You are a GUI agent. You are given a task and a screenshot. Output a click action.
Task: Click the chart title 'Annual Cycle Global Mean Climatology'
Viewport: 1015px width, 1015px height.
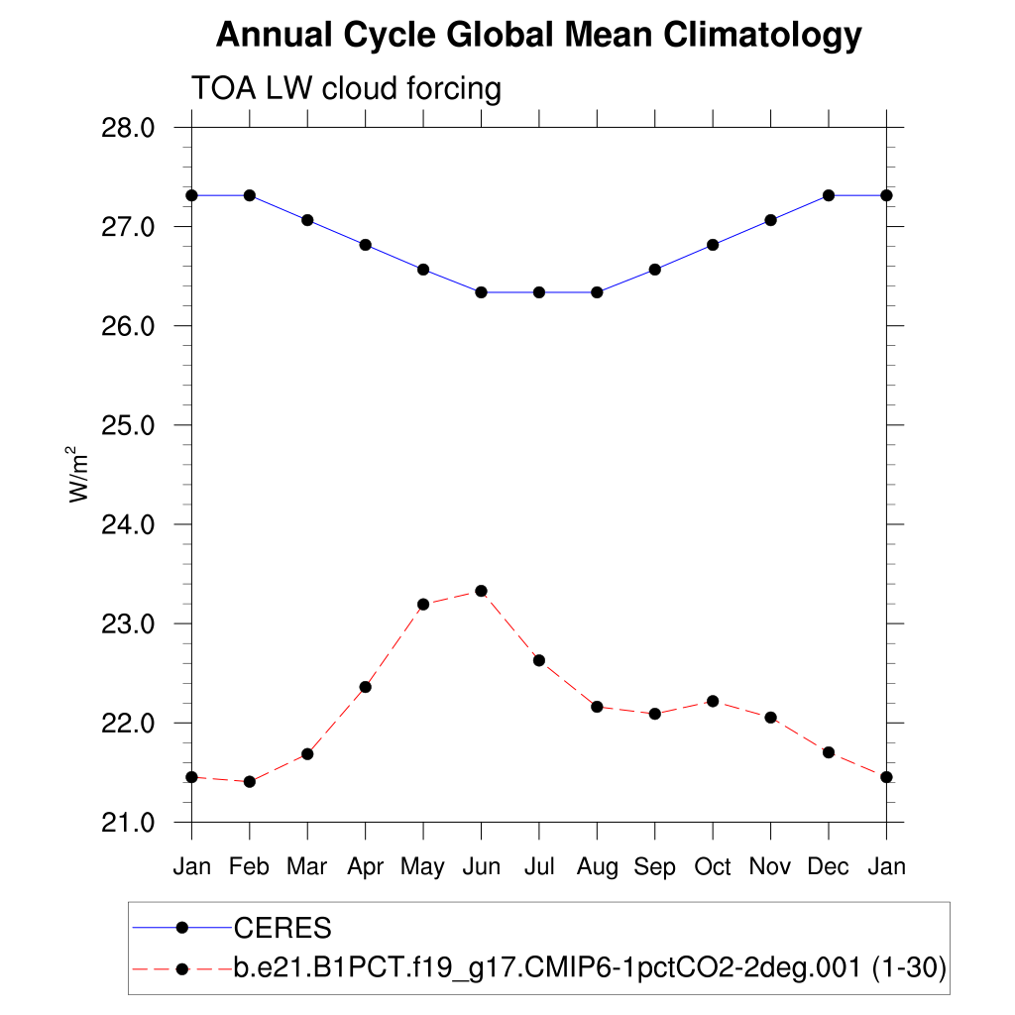click(538, 36)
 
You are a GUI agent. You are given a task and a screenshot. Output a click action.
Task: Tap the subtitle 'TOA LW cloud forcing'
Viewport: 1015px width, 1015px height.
click(346, 88)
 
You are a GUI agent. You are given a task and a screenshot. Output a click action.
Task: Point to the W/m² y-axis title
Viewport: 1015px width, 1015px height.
click(80, 475)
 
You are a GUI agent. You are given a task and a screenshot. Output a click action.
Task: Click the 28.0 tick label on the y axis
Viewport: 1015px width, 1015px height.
click(129, 128)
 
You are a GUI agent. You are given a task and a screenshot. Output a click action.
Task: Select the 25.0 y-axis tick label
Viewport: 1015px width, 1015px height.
click(129, 425)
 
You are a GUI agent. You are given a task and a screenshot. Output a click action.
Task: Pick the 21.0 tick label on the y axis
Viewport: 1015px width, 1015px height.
click(129, 823)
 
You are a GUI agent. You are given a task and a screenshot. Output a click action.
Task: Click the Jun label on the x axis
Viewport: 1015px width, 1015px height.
click(481, 867)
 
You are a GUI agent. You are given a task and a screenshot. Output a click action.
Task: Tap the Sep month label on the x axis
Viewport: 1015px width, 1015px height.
click(654, 867)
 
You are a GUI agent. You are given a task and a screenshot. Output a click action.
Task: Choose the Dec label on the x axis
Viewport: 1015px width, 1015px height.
click(828, 867)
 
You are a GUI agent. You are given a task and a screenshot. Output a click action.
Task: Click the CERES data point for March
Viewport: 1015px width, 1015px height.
click(307, 220)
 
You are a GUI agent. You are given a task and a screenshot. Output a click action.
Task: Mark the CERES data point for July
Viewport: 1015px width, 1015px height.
click(539, 292)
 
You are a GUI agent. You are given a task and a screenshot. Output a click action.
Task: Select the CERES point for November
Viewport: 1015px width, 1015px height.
click(770, 220)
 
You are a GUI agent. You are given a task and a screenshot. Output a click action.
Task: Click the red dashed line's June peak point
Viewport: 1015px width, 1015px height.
click(481, 591)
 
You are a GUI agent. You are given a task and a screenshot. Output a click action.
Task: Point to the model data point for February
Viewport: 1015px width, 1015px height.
click(250, 782)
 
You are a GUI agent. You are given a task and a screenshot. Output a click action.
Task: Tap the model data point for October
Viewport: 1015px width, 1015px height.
click(713, 701)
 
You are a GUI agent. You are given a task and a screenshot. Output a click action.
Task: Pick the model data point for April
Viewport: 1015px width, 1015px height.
click(365, 687)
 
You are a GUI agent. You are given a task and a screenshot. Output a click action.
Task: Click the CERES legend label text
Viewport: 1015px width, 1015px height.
click(282, 929)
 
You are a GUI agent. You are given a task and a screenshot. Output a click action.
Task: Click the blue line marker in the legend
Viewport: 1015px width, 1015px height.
click(181, 928)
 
